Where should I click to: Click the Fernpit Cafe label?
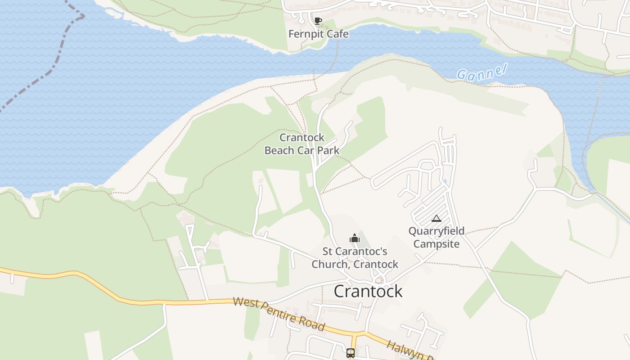click(x=318, y=34)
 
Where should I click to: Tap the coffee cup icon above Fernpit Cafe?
click(x=318, y=21)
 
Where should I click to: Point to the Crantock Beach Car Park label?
click(x=302, y=144)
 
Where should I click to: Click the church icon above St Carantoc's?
click(x=355, y=238)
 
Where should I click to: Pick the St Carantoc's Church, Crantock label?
click(x=355, y=258)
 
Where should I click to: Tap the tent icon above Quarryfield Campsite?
click(x=436, y=219)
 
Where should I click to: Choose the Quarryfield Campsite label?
click(x=436, y=238)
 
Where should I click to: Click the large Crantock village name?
click(x=368, y=291)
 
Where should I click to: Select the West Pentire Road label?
click(x=279, y=314)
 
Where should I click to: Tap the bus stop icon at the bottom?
click(x=351, y=353)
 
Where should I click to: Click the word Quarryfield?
click(x=436, y=231)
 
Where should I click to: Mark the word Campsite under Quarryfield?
click(x=436, y=244)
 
